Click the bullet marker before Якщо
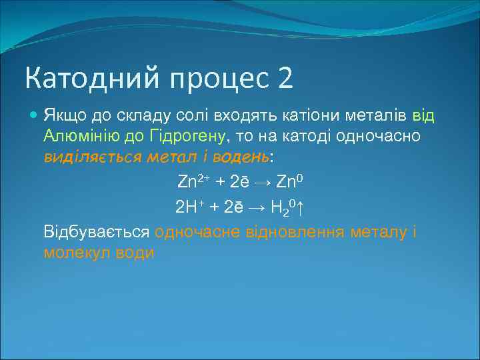click(35, 116)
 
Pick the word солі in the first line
click(169, 116)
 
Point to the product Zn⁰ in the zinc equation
click(289, 181)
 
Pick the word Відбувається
click(96, 233)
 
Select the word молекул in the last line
click(75, 253)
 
